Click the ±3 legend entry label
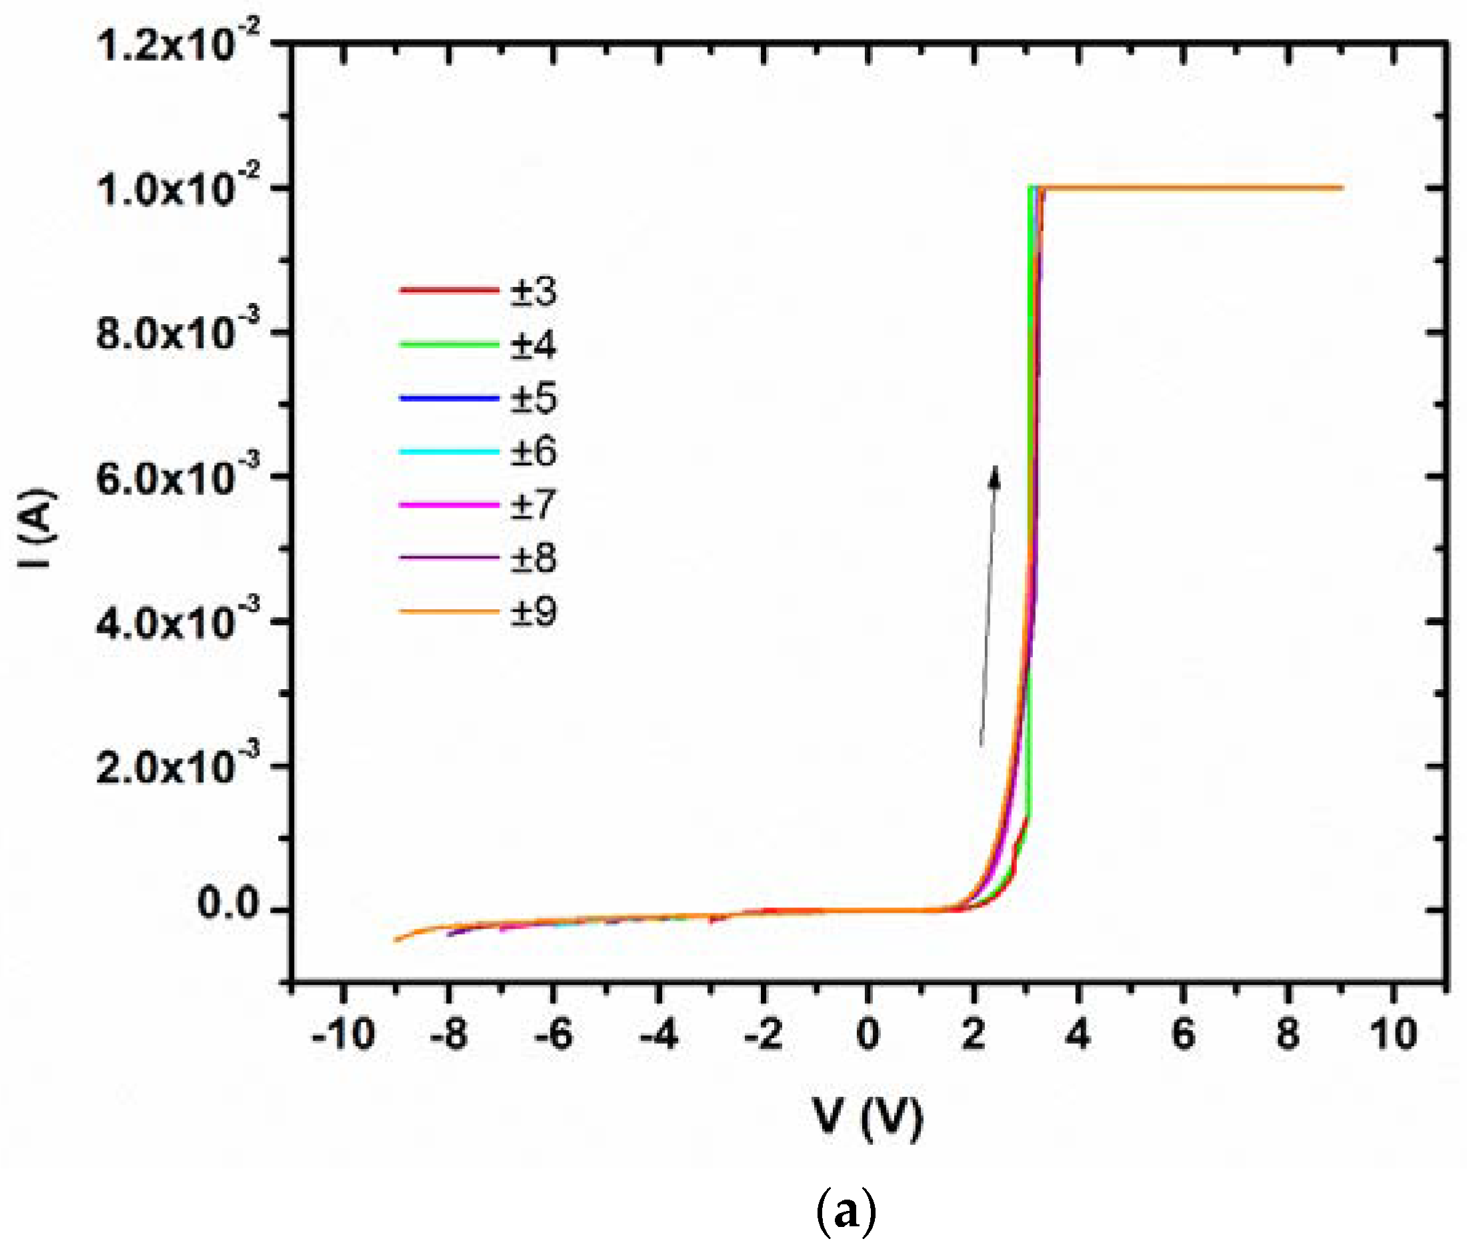click(x=533, y=291)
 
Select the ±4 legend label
click(x=533, y=345)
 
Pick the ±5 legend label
click(x=533, y=398)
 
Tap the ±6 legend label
click(x=533, y=451)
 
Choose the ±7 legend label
click(x=533, y=504)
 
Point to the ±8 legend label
click(x=533, y=558)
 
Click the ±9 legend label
click(x=533, y=611)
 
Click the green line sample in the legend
click(x=449, y=345)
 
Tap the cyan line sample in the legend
click(x=449, y=451)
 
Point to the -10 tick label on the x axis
click(x=343, y=1035)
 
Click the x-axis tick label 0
click(x=868, y=1035)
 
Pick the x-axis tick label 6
click(x=1183, y=1035)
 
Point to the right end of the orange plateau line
click(x=1341, y=187)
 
